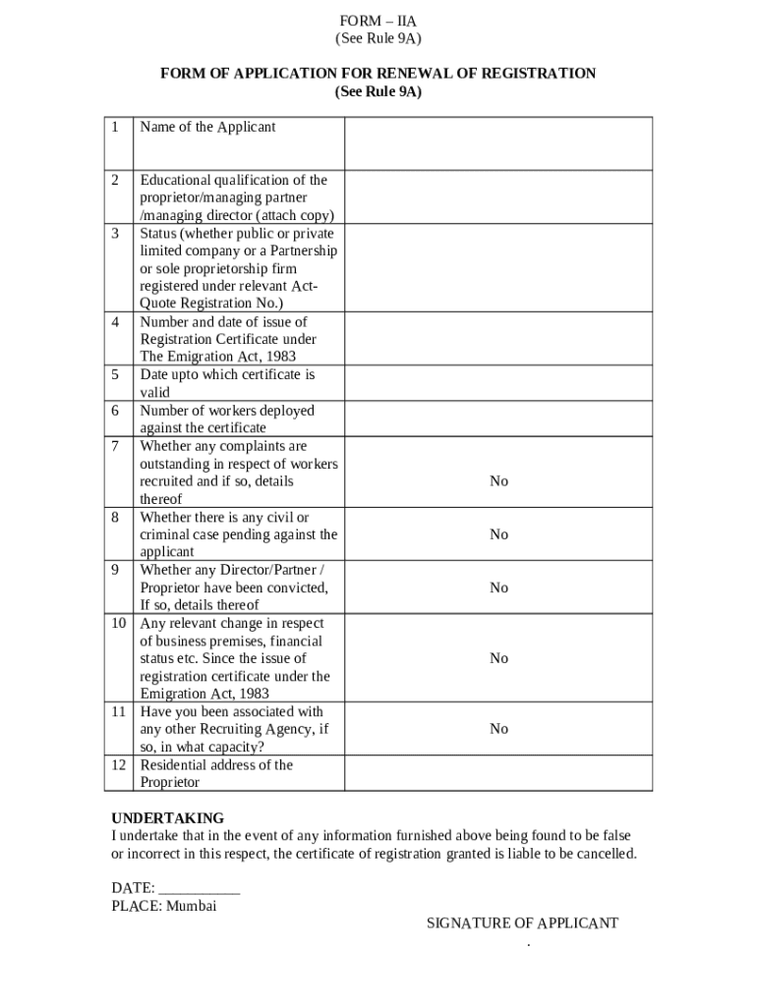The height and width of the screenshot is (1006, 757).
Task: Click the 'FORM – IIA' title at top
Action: point(378,21)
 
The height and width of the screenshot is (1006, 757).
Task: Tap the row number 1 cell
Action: point(116,127)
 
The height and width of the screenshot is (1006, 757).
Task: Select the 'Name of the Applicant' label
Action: point(207,127)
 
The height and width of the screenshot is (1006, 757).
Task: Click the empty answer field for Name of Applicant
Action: point(497,143)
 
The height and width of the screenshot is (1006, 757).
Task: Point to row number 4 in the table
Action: point(116,322)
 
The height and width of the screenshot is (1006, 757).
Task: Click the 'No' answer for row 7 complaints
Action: point(498,481)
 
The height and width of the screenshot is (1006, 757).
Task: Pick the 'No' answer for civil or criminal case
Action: point(498,534)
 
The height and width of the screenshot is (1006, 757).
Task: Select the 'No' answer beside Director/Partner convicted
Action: point(498,587)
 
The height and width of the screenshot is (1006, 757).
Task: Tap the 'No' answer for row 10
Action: point(498,658)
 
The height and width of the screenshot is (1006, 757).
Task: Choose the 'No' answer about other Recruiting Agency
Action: point(498,729)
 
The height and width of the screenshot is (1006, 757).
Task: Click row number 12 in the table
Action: point(118,765)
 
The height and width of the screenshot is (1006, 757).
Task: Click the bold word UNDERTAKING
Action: point(167,818)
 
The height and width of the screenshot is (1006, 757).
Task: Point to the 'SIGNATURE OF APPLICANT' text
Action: point(522,923)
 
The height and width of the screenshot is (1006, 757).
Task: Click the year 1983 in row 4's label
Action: point(278,358)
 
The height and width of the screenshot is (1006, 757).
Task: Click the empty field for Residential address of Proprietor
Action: point(497,773)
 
